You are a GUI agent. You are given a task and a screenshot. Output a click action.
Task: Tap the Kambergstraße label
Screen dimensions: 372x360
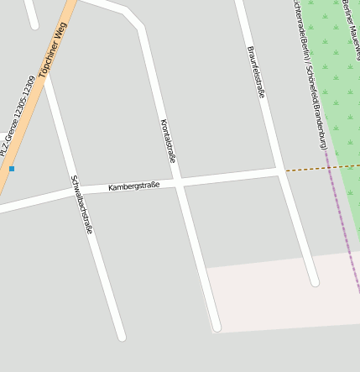point(133,186)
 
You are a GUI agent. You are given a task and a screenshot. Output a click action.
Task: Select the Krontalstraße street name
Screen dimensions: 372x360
point(168,140)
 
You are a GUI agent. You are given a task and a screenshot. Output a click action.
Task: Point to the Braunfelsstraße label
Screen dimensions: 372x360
point(256,72)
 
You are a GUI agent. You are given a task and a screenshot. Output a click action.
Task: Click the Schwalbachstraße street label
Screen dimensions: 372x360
point(81,204)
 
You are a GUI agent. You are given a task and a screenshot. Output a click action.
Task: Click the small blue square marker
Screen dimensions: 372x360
point(12,169)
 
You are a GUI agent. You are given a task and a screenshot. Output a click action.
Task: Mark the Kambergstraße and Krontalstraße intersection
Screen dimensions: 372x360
point(179,181)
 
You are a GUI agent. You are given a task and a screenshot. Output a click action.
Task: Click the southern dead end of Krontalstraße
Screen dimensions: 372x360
point(216,326)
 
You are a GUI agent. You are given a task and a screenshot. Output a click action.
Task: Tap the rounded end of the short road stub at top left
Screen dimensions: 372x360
point(34,24)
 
